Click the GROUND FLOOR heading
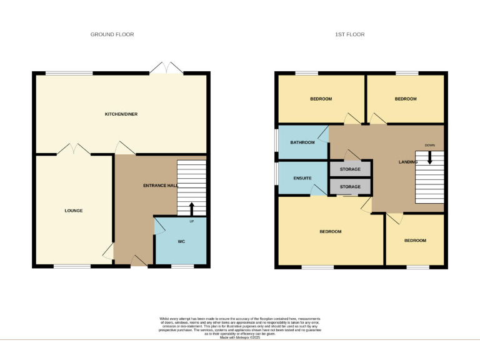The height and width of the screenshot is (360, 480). coord(112,34)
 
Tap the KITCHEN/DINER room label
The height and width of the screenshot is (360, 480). coord(121,114)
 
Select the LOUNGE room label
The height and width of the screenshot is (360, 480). coord(73,211)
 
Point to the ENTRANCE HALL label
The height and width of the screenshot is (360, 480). coord(161,186)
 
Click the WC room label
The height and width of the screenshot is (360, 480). coord(181,241)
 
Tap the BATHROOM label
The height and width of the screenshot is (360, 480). coord(302,142)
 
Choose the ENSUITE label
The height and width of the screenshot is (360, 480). coord(302,177)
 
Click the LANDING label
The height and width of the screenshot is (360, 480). coord(408,162)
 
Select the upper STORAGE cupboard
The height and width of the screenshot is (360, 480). coord(350,169)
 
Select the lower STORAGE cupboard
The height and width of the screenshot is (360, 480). coord(350,187)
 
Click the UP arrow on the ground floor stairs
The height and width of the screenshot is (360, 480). coord(192,208)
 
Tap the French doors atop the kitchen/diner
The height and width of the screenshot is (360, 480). coord(166,68)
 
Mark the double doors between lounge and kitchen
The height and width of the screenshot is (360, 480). coord(74,149)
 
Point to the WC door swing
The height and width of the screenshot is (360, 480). coord(159,226)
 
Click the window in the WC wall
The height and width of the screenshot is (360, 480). coord(182,267)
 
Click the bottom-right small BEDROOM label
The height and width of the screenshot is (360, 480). coord(414,241)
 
